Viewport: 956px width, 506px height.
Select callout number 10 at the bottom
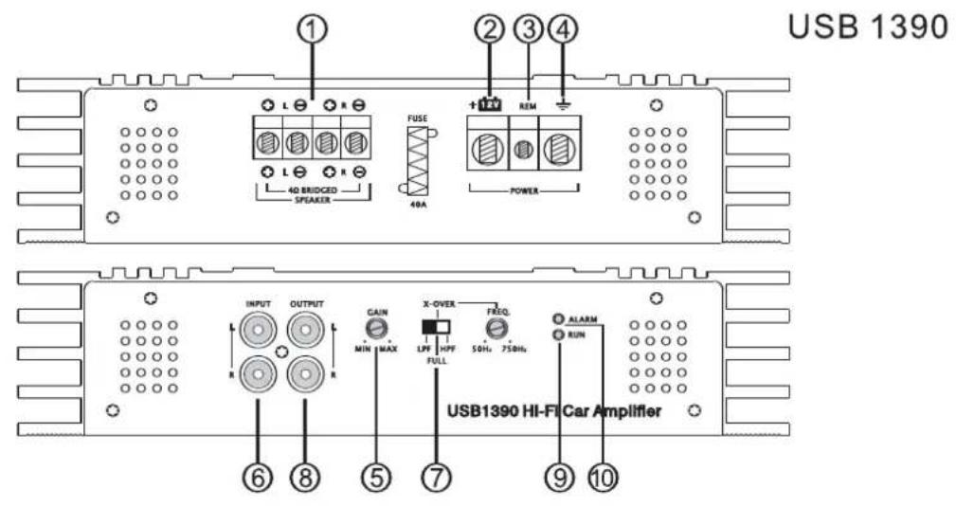(600, 479)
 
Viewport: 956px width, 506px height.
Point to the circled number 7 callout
(436, 479)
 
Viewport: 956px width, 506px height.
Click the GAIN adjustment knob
(378, 329)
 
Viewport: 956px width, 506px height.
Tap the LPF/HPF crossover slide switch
(435, 327)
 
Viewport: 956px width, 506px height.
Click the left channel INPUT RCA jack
(257, 331)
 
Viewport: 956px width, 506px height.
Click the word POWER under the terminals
(523, 189)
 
